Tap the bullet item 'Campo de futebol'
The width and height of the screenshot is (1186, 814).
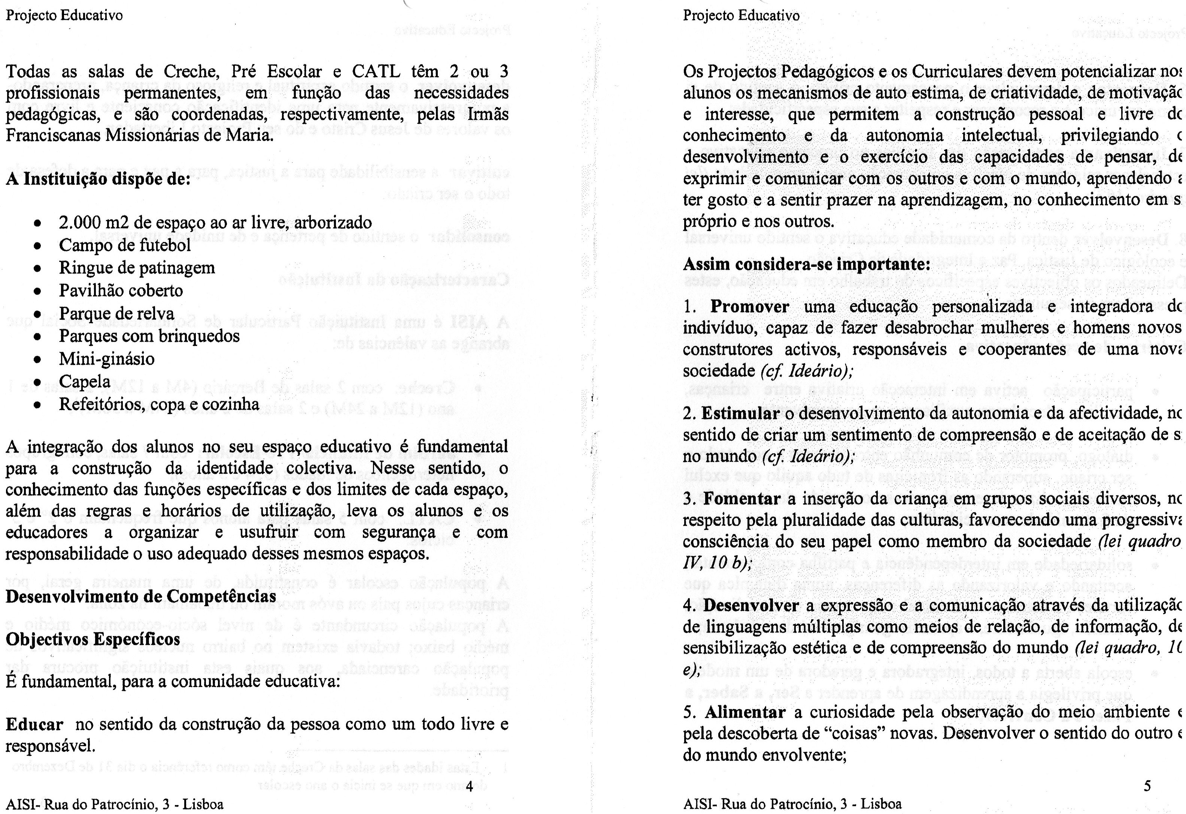[x=125, y=245]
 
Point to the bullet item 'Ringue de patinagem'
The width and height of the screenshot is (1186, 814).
[x=137, y=268]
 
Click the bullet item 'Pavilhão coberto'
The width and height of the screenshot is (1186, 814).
[x=121, y=290]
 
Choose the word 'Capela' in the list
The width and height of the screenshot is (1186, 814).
[x=85, y=382]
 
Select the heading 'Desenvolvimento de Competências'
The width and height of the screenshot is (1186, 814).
[x=141, y=596]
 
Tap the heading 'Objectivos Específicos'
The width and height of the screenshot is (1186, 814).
[x=93, y=639]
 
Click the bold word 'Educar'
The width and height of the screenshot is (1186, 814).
[x=34, y=724]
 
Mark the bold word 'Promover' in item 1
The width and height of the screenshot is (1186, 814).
[x=750, y=307]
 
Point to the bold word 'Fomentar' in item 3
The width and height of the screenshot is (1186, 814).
[x=742, y=498]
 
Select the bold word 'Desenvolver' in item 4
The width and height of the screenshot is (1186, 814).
[x=751, y=605]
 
